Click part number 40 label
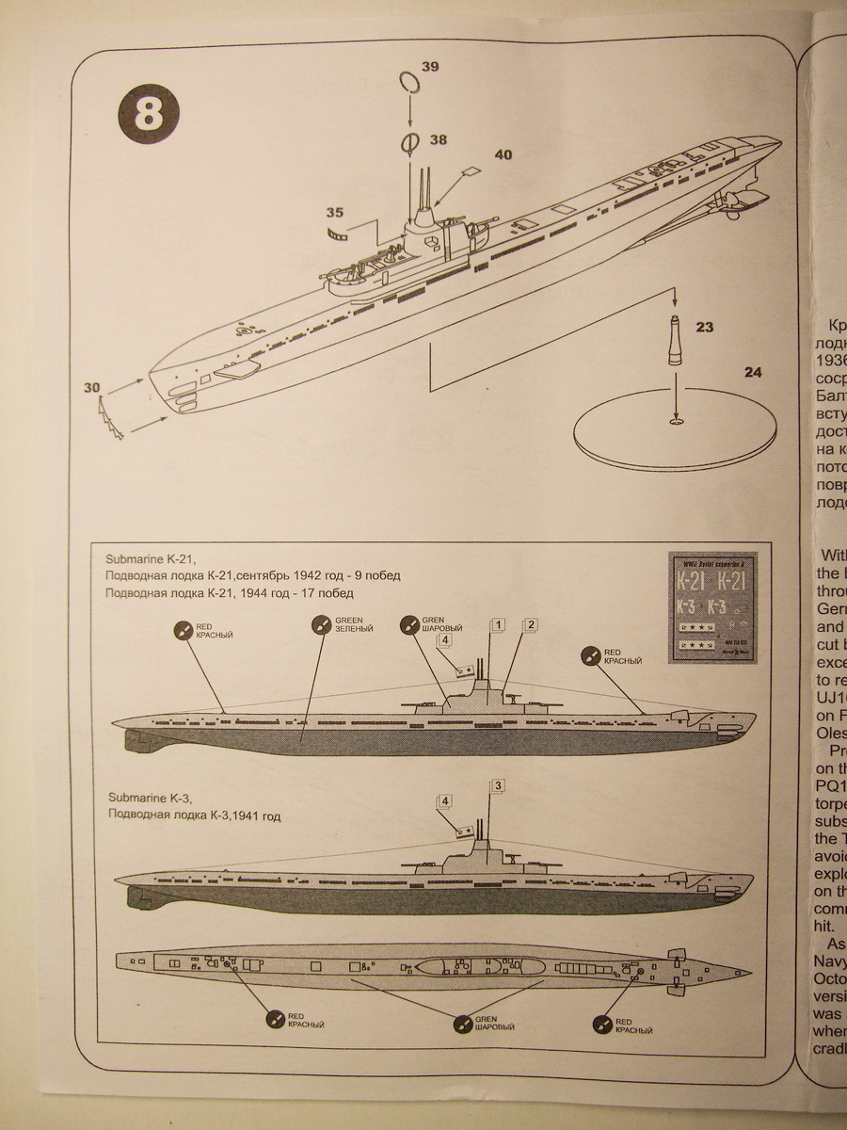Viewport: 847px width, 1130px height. pos(503,155)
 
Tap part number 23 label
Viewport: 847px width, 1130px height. pos(704,328)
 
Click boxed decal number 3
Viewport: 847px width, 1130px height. pos(499,785)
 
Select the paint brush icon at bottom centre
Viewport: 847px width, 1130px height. pos(462,1021)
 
